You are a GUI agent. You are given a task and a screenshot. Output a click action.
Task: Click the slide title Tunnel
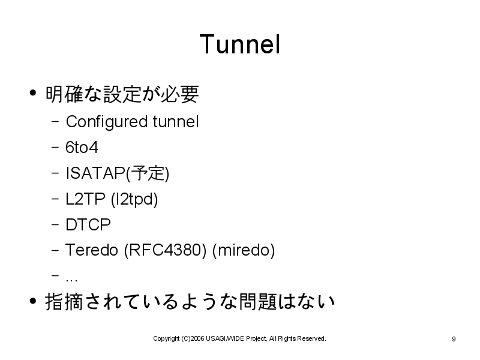coord(240,44)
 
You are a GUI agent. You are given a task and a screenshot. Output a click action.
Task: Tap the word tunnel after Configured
coord(176,122)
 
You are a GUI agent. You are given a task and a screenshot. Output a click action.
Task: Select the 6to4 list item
coord(82,147)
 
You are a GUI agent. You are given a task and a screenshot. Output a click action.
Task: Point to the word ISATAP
coord(95,173)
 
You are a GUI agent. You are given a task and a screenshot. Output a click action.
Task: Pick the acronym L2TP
coord(85,199)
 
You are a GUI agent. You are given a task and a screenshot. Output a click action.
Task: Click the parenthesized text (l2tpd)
coord(134,200)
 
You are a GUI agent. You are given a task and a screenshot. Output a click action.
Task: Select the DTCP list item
coord(88,224)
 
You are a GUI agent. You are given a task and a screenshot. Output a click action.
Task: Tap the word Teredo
coord(92,250)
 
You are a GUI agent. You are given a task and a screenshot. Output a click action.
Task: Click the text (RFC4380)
coord(166,250)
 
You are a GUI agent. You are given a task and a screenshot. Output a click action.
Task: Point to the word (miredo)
coord(244,250)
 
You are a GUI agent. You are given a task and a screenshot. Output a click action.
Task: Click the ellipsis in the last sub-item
coord(71,280)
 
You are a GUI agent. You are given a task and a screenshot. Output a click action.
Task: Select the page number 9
coord(454,339)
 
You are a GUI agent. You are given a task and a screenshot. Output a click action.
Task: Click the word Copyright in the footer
coord(166,338)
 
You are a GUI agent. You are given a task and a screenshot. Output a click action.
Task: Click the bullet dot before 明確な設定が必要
coord(33,93)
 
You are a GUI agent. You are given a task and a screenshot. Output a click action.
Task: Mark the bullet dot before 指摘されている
coord(33,301)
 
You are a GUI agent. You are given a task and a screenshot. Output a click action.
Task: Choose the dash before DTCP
coord(55,224)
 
